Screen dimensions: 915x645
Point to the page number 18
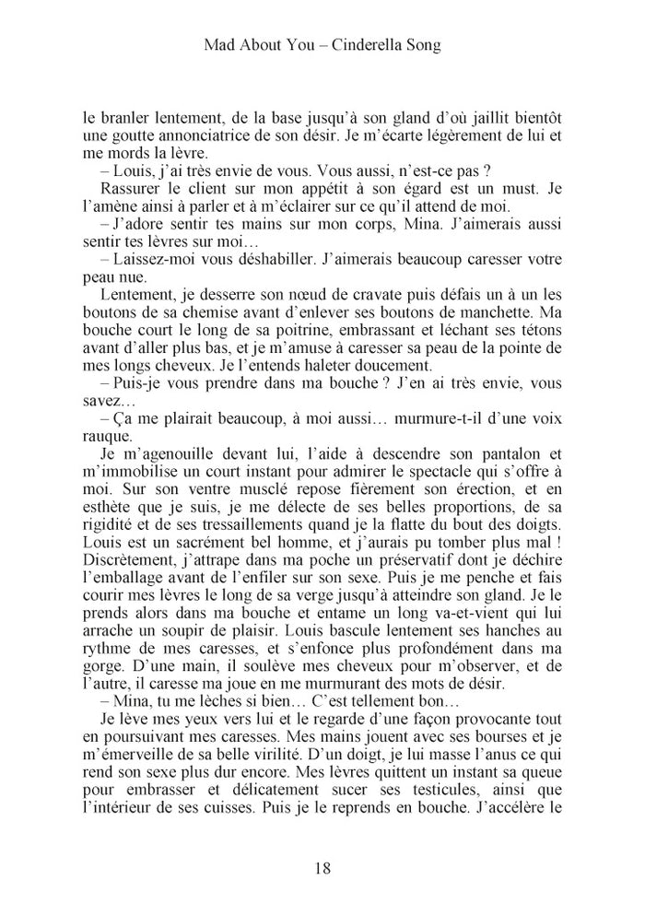tap(322, 867)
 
